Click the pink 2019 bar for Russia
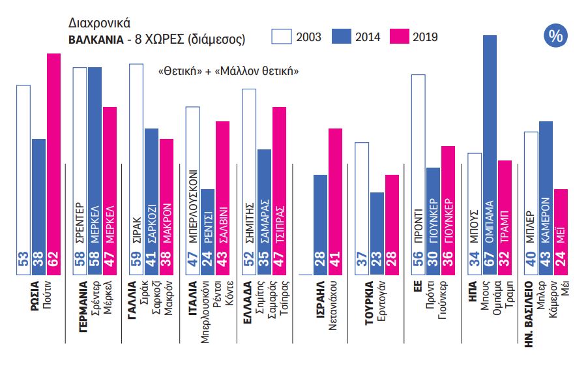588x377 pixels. (53, 163)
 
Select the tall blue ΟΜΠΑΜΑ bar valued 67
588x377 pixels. (490, 150)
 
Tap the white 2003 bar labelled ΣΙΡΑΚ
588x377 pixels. (136, 163)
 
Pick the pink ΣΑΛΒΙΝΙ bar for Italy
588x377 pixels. (223, 196)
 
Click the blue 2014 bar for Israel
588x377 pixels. (321, 222)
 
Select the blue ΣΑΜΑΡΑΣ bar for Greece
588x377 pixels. (264, 209)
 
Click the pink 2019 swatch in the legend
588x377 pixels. (398, 37)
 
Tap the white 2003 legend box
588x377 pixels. (281, 37)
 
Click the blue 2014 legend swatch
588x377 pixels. (340, 37)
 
